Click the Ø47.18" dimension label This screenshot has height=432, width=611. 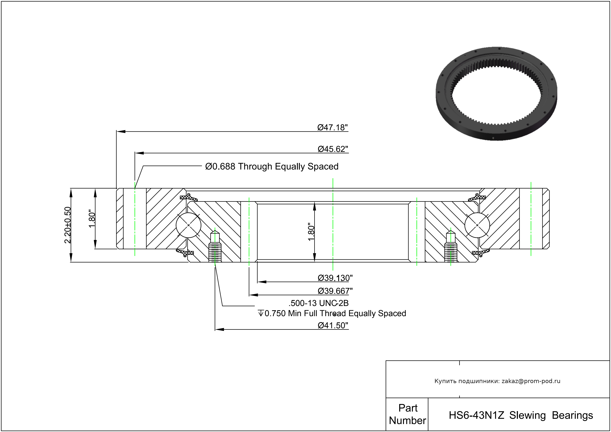pyautogui.click(x=332, y=128)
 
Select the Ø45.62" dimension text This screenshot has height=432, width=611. pyautogui.click(x=333, y=149)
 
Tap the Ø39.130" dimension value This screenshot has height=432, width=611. pyautogui.click(x=335, y=278)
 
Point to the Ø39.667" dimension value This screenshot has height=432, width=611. pyautogui.click(x=335, y=291)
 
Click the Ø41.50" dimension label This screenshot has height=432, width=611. pyautogui.click(x=333, y=325)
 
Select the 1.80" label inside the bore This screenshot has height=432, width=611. pyautogui.click(x=311, y=232)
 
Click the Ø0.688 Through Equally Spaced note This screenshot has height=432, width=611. pyautogui.click(x=272, y=166)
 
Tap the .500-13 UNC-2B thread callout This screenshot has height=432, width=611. pyautogui.click(x=319, y=303)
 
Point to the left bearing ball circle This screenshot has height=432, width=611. pyautogui.click(x=188, y=225)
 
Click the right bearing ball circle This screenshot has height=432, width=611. pyautogui.click(x=477, y=225)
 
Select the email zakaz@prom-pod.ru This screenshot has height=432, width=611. pyautogui.click(x=531, y=381)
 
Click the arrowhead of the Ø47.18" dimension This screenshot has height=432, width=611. pyautogui.click(x=121, y=132)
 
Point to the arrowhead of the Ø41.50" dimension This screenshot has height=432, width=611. pyautogui.click(x=220, y=330)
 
